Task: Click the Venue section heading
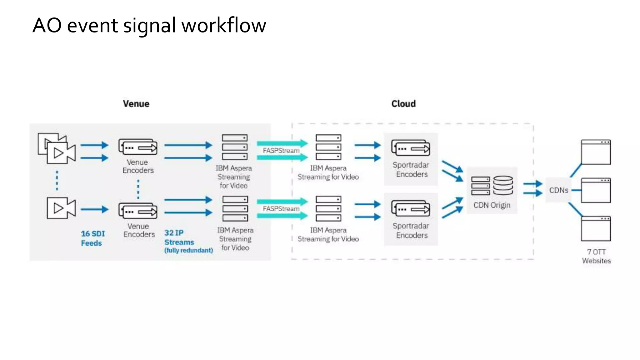click(136, 104)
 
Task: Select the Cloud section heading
click(403, 104)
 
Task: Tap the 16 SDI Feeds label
click(92, 238)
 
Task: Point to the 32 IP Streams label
click(179, 237)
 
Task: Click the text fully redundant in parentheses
click(188, 250)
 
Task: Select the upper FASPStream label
click(281, 151)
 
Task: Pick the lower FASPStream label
click(281, 209)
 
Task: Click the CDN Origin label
click(492, 205)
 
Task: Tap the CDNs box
click(558, 190)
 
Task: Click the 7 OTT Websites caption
click(596, 256)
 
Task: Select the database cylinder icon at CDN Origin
click(503, 185)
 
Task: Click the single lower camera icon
click(61, 208)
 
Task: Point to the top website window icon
click(596, 152)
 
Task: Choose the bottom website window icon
click(596, 228)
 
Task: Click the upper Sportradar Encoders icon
click(411, 148)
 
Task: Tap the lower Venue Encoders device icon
click(138, 211)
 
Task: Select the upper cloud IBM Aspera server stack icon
click(328, 147)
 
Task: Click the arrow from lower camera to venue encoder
click(94, 209)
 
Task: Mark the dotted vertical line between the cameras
click(57, 180)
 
